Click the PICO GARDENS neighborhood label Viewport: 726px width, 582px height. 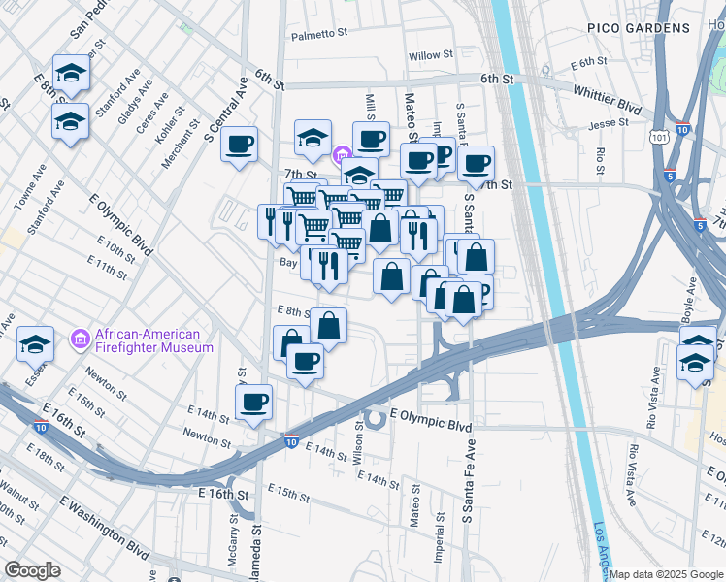pos(638,29)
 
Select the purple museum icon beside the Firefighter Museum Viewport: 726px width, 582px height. pos(82,340)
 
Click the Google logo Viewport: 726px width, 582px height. pos(33,570)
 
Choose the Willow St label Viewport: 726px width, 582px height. pos(424,56)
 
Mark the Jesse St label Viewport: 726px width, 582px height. pos(609,124)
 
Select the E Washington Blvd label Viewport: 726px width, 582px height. pos(105,524)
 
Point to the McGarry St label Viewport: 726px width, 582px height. pos(234,538)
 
